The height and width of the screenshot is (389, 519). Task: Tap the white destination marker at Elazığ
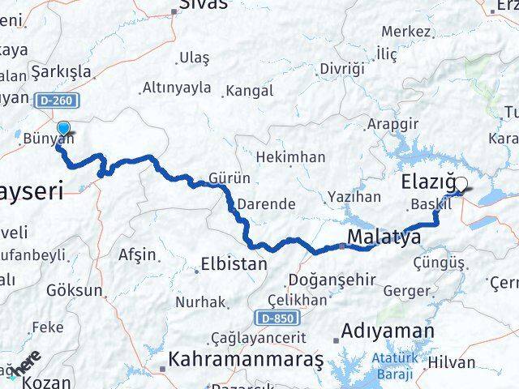[x=461, y=185]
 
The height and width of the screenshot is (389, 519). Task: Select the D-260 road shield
[x=46, y=100]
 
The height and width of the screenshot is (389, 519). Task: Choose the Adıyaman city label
[x=388, y=331]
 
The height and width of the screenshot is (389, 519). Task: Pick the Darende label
[x=270, y=203]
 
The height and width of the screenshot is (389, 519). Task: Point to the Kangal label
[x=250, y=90]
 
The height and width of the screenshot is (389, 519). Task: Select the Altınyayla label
[x=175, y=87]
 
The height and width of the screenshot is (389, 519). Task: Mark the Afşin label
[x=136, y=254]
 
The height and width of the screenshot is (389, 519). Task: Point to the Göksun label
[x=75, y=289]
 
